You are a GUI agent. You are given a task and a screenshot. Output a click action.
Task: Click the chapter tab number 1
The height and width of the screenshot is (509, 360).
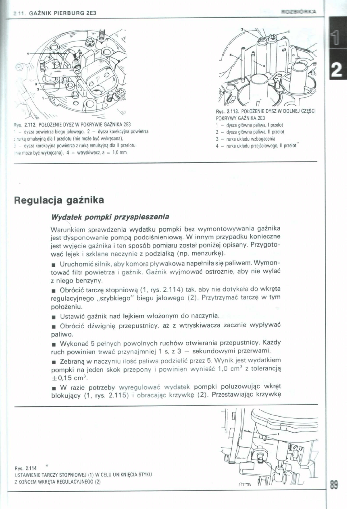(x=337, y=39)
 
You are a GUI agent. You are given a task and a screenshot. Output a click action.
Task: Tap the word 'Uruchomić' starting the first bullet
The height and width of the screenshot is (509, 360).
(x=75, y=264)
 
